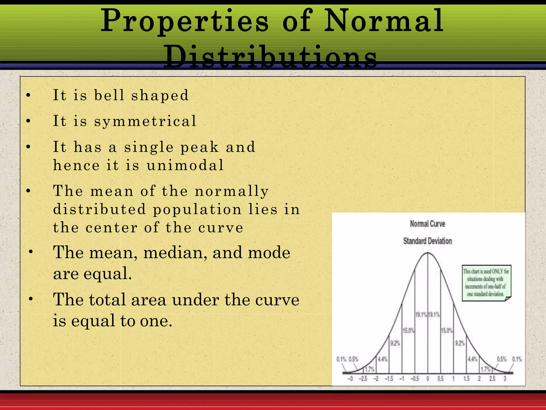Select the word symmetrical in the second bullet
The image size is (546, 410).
coord(145,121)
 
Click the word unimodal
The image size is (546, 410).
coord(185,165)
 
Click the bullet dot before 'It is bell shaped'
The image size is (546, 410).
coord(29,95)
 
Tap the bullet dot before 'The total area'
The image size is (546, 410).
coord(31,299)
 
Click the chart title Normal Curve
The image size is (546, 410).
coord(427,224)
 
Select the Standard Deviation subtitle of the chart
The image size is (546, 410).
coord(427,241)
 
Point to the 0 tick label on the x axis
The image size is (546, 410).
coord(428,379)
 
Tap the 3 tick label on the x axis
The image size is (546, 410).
coord(505,379)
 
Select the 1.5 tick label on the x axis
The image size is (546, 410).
coord(466,379)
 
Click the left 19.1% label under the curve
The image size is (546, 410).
coord(421,315)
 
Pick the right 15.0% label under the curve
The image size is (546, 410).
coord(447,331)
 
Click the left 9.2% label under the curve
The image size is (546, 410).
coord(395,343)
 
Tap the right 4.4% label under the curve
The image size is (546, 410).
coord(472,359)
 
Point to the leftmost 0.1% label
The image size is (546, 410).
coord(341,359)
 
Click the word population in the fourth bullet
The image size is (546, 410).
coord(197,209)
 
